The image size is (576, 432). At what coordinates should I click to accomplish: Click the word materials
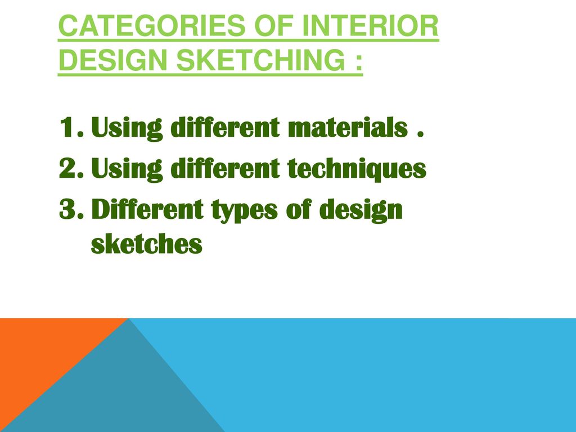(348, 128)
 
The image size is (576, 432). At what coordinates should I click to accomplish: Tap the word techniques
(357, 169)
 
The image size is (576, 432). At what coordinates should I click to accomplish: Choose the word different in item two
(225, 168)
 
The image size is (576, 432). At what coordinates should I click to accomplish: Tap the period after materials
(421, 134)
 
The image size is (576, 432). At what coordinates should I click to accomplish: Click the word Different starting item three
(147, 209)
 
